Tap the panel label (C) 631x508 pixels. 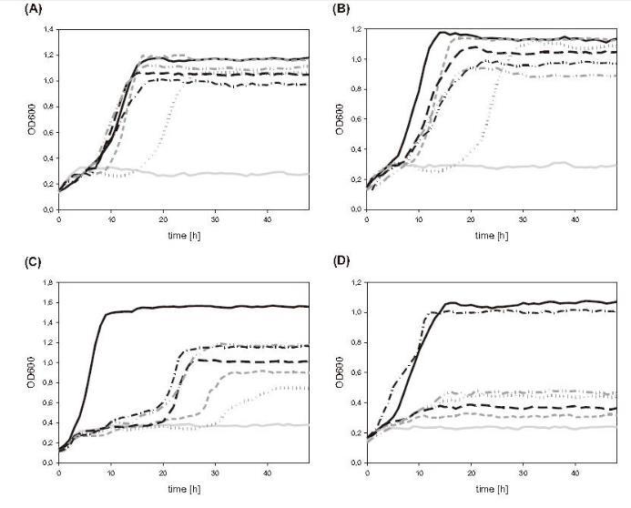click(15, 263)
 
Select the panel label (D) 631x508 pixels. click(331, 263)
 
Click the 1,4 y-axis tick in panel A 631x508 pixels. click(46, 30)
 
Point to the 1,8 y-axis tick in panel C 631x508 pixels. click(46, 284)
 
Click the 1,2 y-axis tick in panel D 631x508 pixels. click(362, 284)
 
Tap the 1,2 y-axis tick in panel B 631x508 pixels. click(362, 30)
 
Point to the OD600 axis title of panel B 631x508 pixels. click(341, 119)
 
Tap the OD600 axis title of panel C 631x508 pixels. click(25, 373)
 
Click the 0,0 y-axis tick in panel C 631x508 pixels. click(46, 462)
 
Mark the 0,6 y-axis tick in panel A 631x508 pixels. click(46, 132)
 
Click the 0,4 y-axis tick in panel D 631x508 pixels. click(362, 403)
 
